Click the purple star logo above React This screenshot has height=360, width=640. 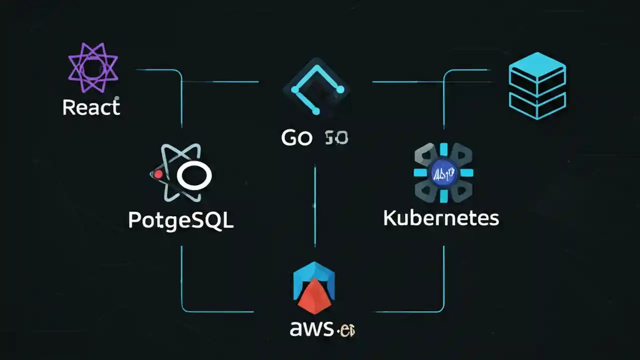click(x=93, y=67)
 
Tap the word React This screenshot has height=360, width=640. click(x=91, y=107)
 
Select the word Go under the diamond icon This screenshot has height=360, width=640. click(x=296, y=137)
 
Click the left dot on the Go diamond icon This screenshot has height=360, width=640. click(x=295, y=90)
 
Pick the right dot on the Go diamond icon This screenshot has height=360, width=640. click(x=340, y=90)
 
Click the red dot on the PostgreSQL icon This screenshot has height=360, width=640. click(x=158, y=174)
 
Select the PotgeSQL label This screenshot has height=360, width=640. click(x=180, y=220)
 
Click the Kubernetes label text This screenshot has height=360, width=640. click(x=441, y=218)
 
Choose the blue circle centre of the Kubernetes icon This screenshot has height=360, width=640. click(x=443, y=173)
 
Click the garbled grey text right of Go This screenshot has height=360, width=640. click(x=336, y=137)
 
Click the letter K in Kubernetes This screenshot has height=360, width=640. click(x=390, y=218)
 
